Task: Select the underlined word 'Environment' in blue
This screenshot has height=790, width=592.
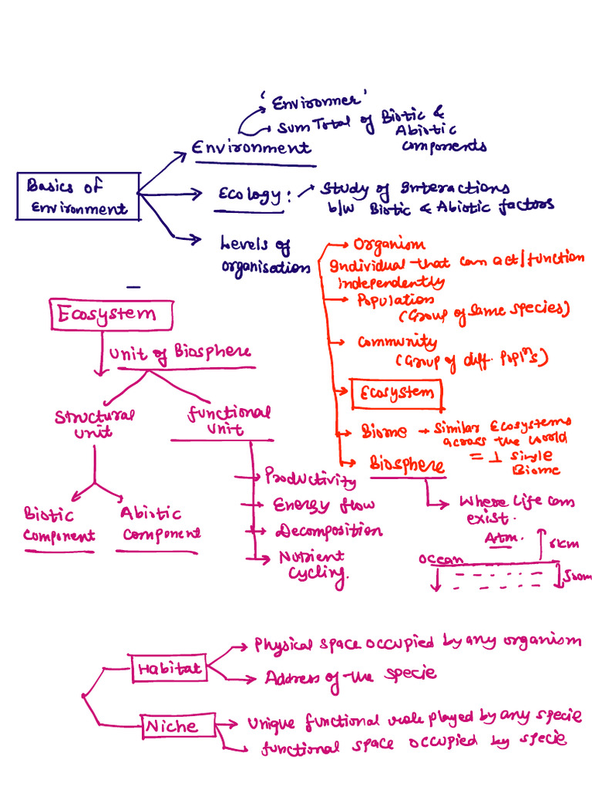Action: [251, 147]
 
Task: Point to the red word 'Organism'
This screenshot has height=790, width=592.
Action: [388, 245]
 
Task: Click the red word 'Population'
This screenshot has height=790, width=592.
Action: [395, 300]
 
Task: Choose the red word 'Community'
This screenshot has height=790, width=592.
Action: [397, 342]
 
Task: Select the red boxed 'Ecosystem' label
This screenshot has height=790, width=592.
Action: [396, 393]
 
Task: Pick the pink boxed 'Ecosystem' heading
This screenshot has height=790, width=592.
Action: [113, 314]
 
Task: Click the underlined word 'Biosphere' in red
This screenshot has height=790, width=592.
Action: [406, 465]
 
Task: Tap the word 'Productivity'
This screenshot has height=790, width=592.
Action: [311, 477]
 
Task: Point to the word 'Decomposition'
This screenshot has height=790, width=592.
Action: [328, 532]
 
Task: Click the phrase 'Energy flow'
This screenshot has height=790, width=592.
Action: [324, 505]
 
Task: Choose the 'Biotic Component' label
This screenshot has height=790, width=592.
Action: [59, 525]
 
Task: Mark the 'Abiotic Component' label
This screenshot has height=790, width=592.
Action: [159, 524]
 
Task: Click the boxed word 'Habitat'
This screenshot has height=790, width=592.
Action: [169, 669]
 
